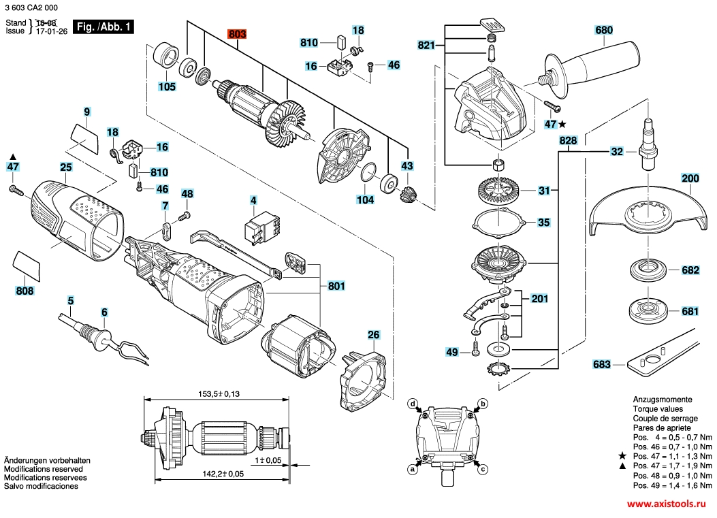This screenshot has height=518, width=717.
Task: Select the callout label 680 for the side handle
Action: coord(604,30)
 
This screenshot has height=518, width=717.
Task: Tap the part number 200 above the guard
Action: coord(690,179)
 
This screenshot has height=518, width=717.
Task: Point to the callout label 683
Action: coord(602,364)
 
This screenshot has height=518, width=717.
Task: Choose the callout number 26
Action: coord(374,334)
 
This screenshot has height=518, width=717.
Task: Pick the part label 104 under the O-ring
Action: coord(365,200)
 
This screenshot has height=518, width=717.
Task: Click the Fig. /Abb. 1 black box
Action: coord(103,27)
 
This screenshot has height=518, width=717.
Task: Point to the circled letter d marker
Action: coord(413,404)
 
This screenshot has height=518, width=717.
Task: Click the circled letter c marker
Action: coord(483,469)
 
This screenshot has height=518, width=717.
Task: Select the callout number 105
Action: coord(167,86)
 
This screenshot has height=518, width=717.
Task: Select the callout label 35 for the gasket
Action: coord(543,222)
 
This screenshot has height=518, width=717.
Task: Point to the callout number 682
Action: coord(690,270)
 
